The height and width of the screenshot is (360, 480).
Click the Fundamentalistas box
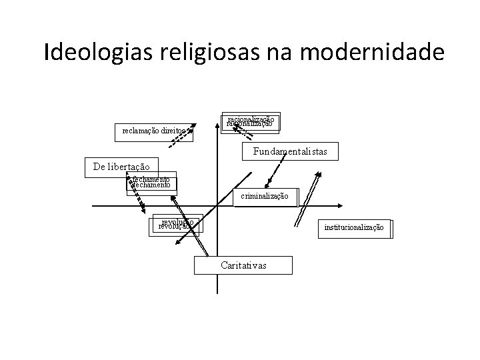tap(290, 152)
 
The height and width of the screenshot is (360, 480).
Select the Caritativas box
tap(243, 265)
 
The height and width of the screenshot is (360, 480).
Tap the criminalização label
tap(265, 196)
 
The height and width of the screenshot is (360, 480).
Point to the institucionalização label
tap(354, 227)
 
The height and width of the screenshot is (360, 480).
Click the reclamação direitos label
tap(153, 131)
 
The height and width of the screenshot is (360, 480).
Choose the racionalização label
tap(250, 121)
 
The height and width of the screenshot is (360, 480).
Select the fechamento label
tap(152, 182)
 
